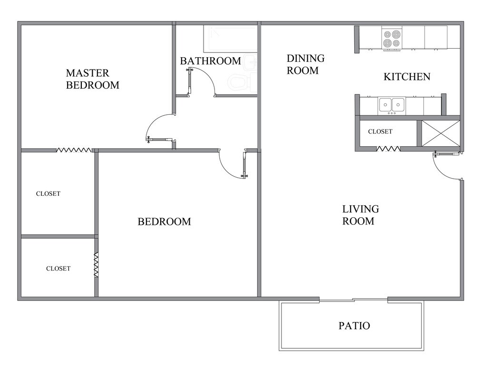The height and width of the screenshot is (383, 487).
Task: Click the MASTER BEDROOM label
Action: click(92, 79)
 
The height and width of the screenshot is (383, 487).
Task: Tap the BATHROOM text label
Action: click(210, 61)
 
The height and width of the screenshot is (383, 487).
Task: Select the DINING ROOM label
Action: click(305, 64)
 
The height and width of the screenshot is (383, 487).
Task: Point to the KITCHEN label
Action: click(407, 77)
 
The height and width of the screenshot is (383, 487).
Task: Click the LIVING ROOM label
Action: click(360, 215)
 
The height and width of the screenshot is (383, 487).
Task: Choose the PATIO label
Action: click(354, 326)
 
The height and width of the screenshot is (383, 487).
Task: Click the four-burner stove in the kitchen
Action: click(393, 39)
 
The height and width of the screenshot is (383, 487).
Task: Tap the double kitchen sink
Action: click(391, 104)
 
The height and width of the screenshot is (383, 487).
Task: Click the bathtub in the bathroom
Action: click(230, 39)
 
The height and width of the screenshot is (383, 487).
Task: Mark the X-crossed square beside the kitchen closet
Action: click(441, 133)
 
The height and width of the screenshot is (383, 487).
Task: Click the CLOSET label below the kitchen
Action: click(380, 131)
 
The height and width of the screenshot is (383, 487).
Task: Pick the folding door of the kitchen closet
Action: click(388, 149)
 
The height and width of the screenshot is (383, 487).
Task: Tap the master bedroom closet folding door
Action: click(74, 150)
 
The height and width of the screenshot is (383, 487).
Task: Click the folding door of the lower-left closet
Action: click(96, 265)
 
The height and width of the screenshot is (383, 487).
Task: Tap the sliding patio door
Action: click(353, 300)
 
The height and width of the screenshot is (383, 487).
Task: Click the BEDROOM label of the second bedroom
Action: click(164, 222)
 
